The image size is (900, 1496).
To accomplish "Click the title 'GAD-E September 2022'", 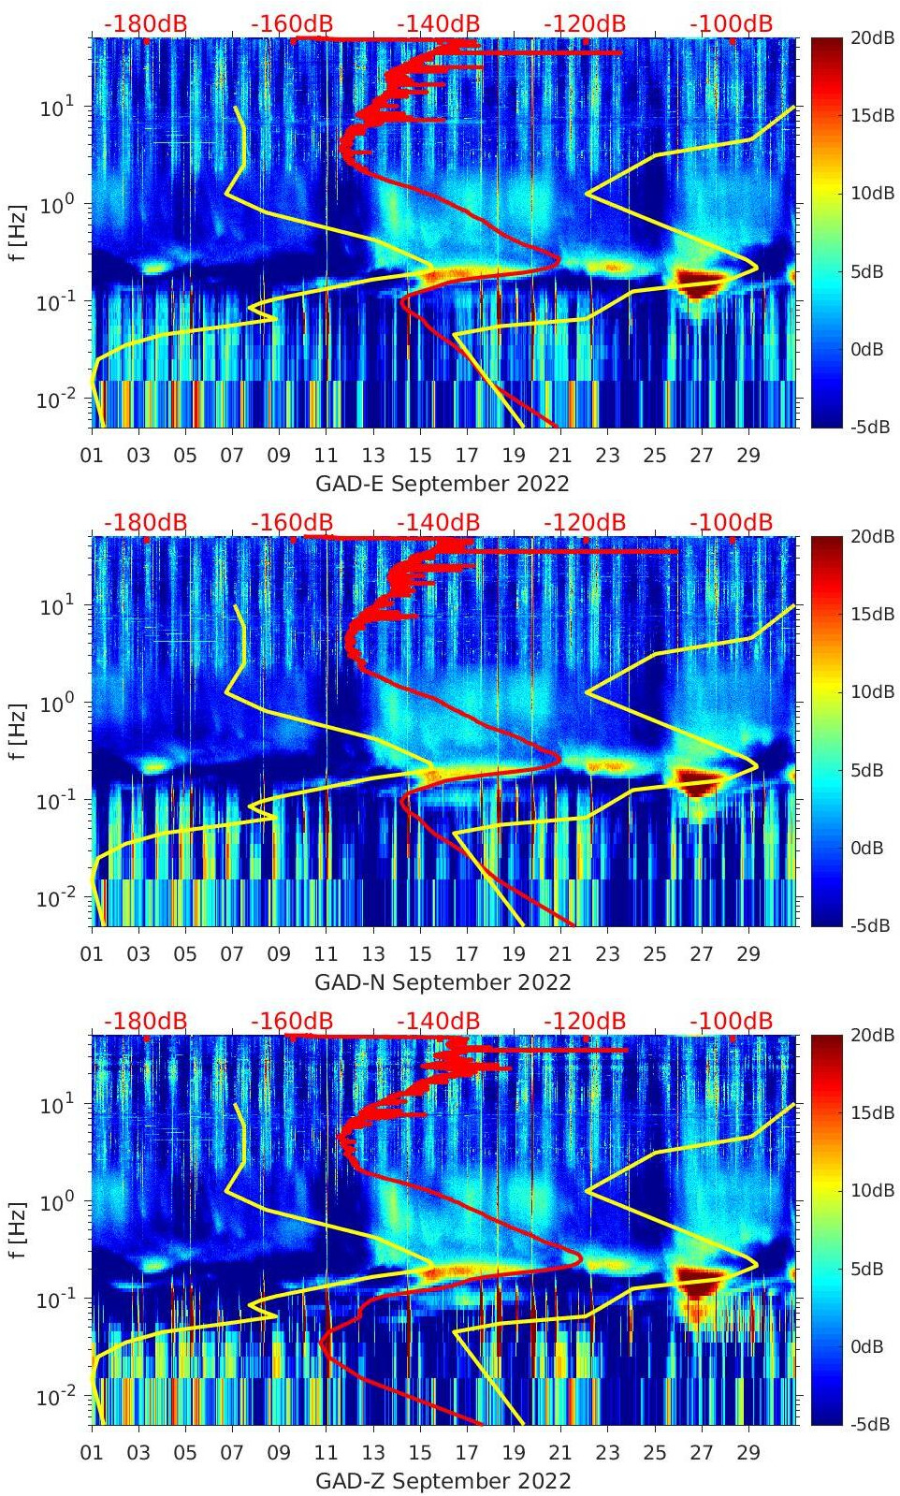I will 443,484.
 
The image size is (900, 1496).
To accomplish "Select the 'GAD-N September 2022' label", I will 443,982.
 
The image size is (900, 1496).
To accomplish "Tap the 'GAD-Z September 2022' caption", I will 443,1481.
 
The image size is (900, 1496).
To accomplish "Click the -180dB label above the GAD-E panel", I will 145,23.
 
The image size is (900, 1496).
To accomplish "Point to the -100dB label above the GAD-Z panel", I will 731,1021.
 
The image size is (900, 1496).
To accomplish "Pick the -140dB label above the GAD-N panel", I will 438,522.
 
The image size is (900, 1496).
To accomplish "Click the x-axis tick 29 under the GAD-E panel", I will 748,456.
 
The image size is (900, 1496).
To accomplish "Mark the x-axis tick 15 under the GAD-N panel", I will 420,954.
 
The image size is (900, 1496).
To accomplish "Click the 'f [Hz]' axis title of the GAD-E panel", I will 18,232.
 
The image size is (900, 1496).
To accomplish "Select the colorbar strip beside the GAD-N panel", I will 826,731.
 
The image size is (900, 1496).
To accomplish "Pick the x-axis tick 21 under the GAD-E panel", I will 560,456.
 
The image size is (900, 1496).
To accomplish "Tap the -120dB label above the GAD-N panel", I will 585,522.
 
